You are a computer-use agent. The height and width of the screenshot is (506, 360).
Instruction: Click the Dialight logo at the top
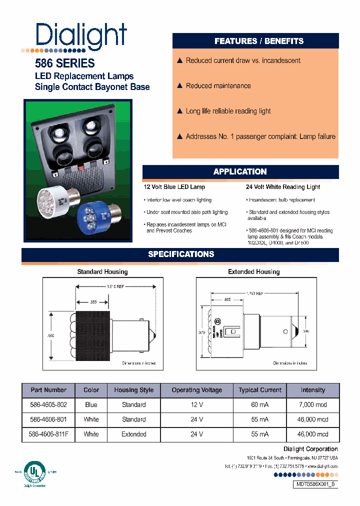(81, 35)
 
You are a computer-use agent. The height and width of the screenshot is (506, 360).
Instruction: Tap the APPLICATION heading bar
(240, 171)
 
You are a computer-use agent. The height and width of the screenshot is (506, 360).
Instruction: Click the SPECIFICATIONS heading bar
(181, 254)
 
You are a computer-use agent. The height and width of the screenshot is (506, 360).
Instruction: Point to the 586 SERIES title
(64, 63)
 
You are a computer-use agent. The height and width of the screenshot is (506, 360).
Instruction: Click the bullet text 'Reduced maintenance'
(218, 86)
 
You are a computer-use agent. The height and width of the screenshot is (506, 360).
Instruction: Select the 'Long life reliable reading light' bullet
(228, 111)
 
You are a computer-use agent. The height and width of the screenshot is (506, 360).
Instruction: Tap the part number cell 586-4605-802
(48, 404)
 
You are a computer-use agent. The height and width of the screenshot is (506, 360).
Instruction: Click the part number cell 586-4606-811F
(48, 434)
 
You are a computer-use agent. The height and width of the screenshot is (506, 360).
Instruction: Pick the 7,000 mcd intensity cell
(313, 404)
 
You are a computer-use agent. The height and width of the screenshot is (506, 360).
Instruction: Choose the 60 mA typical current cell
(260, 404)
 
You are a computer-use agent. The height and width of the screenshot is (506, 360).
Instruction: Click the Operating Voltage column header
(197, 390)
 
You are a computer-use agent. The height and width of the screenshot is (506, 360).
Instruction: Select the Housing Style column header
(133, 390)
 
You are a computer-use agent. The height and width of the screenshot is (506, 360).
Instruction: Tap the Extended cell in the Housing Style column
(133, 434)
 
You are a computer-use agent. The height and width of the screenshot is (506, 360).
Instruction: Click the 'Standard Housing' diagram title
(102, 272)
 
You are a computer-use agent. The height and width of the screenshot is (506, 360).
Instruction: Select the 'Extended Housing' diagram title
(253, 272)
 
